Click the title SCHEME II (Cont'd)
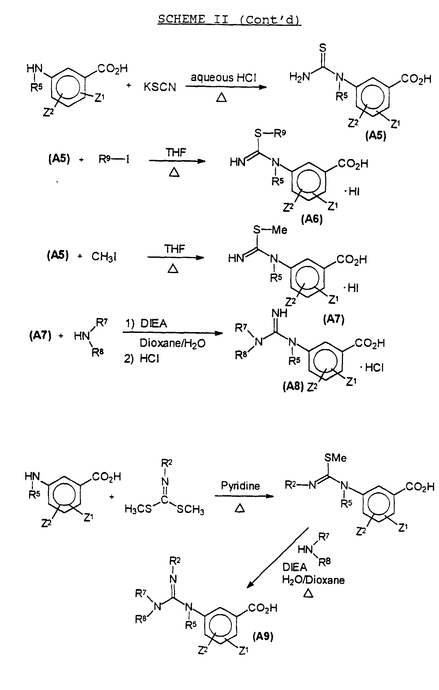point(229,19)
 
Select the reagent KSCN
point(160,87)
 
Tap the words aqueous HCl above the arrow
point(223,78)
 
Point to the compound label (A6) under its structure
point(312,219)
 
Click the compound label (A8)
point(293,386)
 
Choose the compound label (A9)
point(263,636)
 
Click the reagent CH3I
point(104,257)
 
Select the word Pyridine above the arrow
point(240,486)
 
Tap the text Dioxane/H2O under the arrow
point(172,343)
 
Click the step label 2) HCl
point(141,358)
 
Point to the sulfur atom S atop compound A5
point(323,48)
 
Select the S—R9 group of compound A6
point(270,133)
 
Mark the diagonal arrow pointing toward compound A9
point(278,558)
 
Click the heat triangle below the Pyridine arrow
point(240,508)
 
